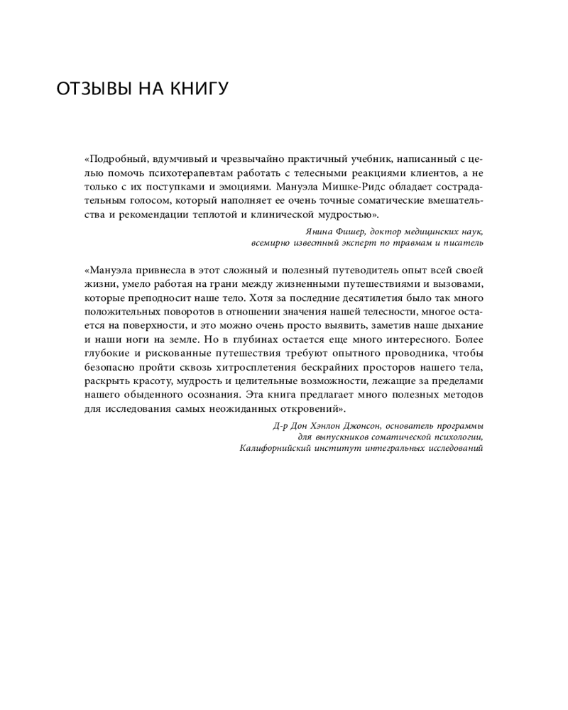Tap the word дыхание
pos(461,325)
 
